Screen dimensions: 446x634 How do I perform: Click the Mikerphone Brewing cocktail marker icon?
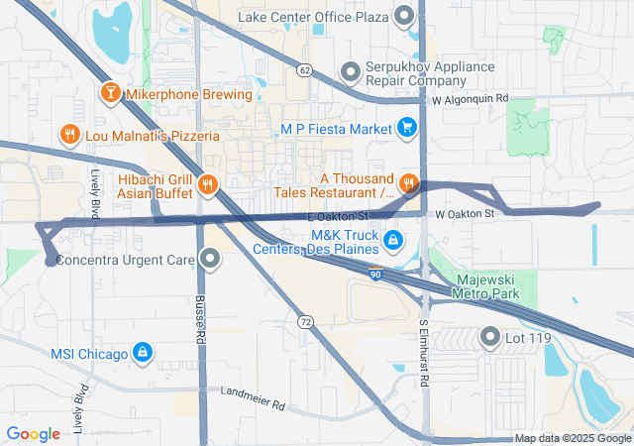[x=110, y=95]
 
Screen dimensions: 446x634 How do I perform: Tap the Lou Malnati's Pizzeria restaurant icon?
[x=68, y=134]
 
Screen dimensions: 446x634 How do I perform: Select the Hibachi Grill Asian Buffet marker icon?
[x=207, y=182]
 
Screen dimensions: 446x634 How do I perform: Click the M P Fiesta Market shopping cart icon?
[x=406, y=128]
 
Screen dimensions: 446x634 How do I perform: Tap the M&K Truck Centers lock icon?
[x=393, y=240]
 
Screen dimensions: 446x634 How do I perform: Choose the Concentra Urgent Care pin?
[x=210, y=260]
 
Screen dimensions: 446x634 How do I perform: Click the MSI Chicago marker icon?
[x=143, y=353]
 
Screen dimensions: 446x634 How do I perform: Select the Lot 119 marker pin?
[x=489, y=337]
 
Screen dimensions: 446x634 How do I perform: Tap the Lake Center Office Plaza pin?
[x=404, y=16]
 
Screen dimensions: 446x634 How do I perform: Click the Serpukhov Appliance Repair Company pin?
[x=349, y=72]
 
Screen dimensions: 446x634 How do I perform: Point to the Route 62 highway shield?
[x=304, y=69]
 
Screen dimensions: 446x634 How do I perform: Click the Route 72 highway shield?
[x=306, y=323]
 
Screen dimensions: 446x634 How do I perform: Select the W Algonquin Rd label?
[x=470, y=99]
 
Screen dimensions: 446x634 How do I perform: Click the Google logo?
[x=34, y=433]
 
